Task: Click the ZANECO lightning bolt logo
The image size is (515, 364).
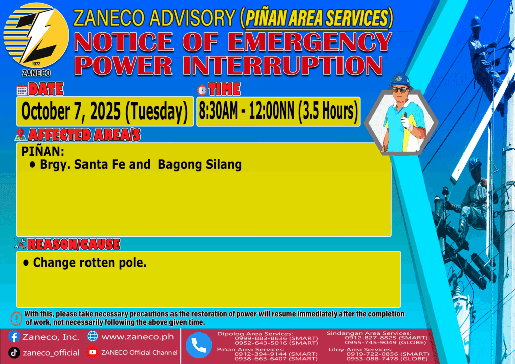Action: pyautogui.click(x=36, y=36)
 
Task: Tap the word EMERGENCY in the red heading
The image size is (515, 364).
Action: pyautogui.click(x=310, y=42)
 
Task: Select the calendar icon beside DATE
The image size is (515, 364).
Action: pyautogui.click(x=22, y=89)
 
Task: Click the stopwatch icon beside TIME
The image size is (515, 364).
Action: pyautogui.click(x=202, y=89)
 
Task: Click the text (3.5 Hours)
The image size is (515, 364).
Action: pyautogui.click(x=327, y=111)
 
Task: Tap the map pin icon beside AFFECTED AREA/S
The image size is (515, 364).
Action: pyautogui.click(x=20, y=135)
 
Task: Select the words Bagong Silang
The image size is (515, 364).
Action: pyautogui.click(x=200, y=165)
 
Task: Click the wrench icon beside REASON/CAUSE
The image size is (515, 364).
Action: pyautogui.click(x=20, y=244)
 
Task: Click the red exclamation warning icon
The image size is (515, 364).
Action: pyautogui.click(x=16, y=318)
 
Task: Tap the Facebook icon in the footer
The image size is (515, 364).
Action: pyautogui.click(x=14, y=337)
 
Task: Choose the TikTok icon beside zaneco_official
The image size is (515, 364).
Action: pyautogui.click(x=14, y=353)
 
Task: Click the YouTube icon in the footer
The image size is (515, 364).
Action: pyautogui.click(x=93, y=352)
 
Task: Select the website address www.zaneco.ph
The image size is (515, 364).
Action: pyautogui.click(x=138, y=337)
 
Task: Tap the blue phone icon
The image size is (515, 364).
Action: pyautogui.click(x=199, y=345)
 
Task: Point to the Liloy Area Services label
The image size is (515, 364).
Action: pyautogui.click(x=361, y=350)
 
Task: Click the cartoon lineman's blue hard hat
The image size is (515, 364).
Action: pyautogui.click(x=400, y=80)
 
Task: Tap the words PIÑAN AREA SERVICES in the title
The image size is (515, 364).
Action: pyautogui.click(x=317, y=18)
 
